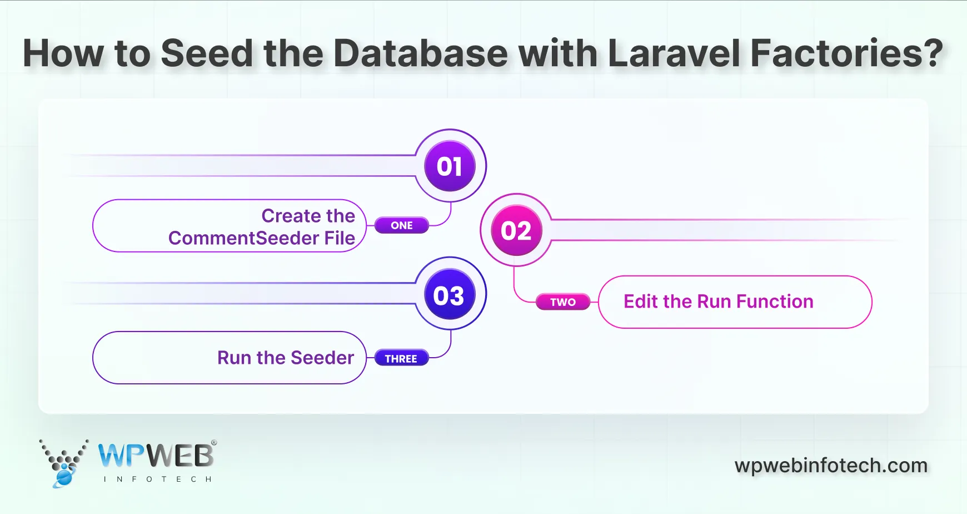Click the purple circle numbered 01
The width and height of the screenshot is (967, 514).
pos(450,166)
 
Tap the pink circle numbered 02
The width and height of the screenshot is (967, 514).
pos(516,231)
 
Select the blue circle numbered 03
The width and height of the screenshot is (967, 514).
pos(449,295)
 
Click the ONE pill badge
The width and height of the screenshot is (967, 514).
pos(401,225)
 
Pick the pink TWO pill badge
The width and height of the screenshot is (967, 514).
pos(562,302)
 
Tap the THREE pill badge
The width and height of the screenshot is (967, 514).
pos(401,359)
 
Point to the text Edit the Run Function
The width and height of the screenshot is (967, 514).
pos(718,302)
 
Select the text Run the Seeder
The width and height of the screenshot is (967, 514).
pos(286,358)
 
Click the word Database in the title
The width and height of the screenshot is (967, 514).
pos(420,53)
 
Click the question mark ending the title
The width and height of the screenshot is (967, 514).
pos(933,53)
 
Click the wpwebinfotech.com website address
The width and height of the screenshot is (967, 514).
pos(831,466)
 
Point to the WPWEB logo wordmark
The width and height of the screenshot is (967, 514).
pos(156,456)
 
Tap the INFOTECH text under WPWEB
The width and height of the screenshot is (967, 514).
pos(157,479)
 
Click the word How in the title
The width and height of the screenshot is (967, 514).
pos(63,53)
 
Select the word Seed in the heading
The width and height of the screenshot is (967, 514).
pos(207,53)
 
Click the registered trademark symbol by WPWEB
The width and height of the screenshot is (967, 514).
pos(214,443)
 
